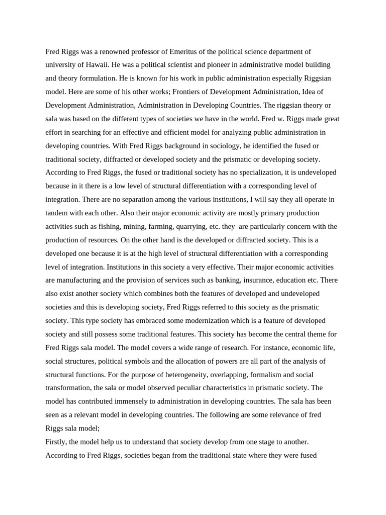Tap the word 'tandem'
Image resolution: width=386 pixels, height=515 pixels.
coord(56,199)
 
